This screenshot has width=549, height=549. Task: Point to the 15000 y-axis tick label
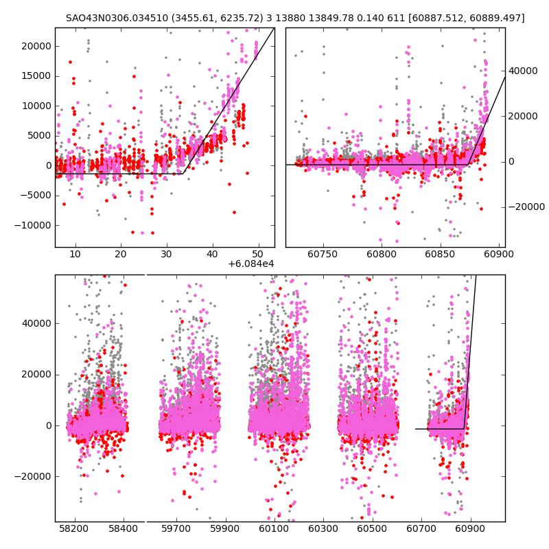36,76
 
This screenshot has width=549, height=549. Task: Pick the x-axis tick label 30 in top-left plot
167,255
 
